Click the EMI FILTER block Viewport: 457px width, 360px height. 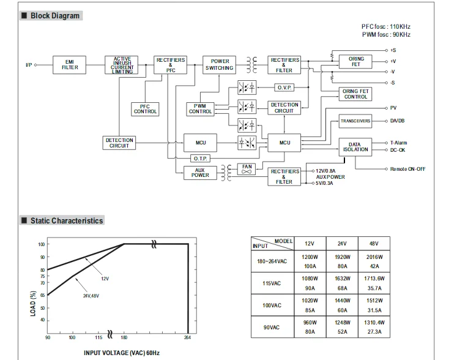tap(70, 65)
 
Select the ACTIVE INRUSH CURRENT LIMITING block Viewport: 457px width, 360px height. tap(122, 65)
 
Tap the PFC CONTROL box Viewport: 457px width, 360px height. tap(145, 109)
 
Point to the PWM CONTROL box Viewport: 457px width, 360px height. tap(200, 109)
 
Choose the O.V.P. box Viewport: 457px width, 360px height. tap(285, 88)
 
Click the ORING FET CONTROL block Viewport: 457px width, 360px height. tap(356, 94)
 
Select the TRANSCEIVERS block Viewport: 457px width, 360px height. tap(355, 121)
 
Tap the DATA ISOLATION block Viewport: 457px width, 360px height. tap(355, 146)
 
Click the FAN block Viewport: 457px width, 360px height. tap(247, 168)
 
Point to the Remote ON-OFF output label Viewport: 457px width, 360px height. tap(407, 169)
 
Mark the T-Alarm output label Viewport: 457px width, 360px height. tap(399, 143)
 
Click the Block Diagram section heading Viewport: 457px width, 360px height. tap(55, 15)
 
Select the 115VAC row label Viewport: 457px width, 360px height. tap(272, 283)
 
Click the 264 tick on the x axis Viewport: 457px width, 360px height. tap(187, 338)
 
